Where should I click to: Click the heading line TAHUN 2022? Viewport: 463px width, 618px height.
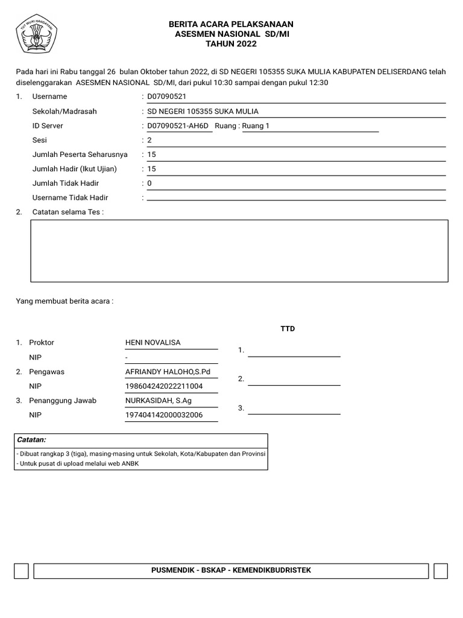[231, 44]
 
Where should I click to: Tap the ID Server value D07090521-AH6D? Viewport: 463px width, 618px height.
[177, 126]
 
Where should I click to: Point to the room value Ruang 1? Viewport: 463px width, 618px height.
[256, 126]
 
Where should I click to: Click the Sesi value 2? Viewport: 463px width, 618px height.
[150, 140]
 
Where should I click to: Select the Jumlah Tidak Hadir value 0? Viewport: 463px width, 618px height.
[150, 183]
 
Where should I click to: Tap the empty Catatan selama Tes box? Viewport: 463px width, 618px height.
[239, 250]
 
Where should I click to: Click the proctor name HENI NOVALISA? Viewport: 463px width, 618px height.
[153, 343]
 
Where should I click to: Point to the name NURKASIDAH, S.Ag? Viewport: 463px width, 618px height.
[159, 401]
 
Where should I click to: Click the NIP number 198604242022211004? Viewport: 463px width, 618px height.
[163, 386]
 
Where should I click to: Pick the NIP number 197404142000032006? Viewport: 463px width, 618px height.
[163, 415]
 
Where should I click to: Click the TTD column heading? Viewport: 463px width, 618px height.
[288, 329]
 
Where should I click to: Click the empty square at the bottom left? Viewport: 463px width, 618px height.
[21, 571]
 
